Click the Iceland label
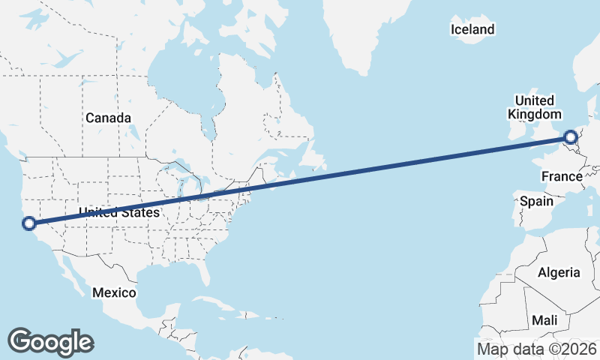(472, 30)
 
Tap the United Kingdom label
(535, 107)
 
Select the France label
(562, 177)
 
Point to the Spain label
(536, 201)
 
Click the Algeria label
(559, 272)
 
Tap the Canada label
(108, 118)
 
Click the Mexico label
(114, 292)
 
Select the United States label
(119, 213)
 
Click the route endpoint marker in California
(29, 223)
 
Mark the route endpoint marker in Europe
(571, 137)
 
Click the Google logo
(50, 342)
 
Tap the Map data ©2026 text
(537, 348)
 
